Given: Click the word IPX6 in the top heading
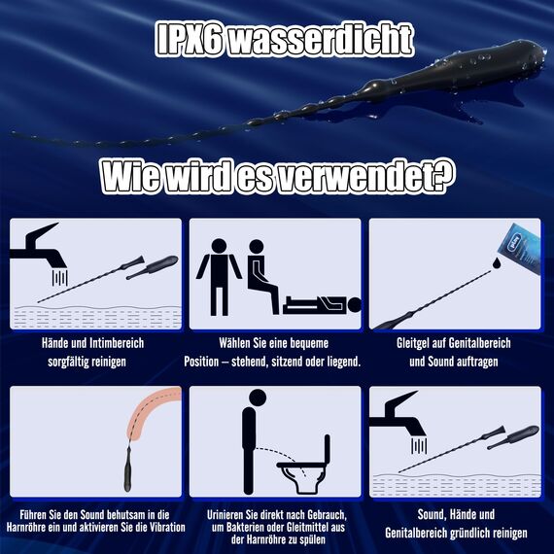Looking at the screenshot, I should (x=195, y=40).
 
